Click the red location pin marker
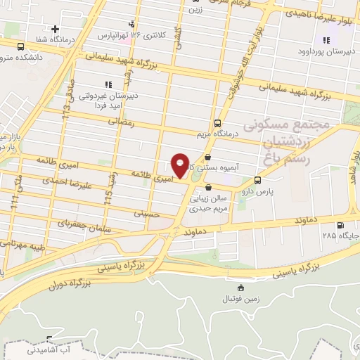(180, 165)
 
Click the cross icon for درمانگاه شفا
(55, 29)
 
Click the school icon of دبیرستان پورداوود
(326, 39)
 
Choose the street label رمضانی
(120, 122)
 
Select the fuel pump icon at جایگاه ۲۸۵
(341, 226)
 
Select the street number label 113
(67, 105)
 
